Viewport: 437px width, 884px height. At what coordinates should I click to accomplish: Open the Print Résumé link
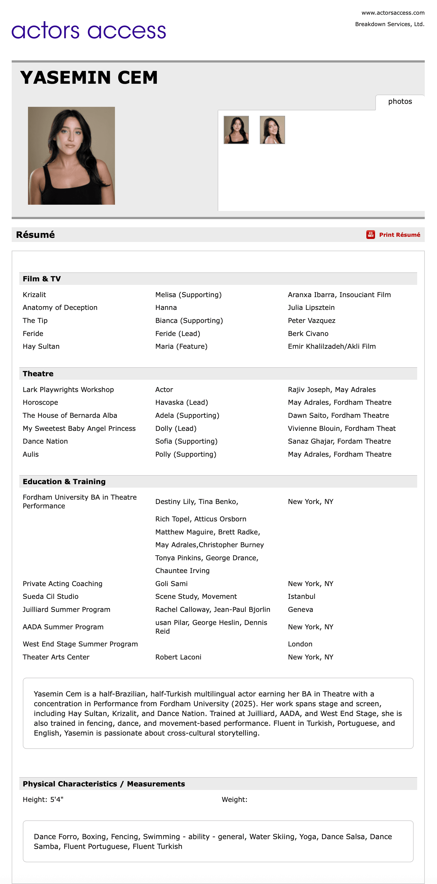399,235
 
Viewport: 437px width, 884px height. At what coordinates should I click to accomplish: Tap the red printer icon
370,235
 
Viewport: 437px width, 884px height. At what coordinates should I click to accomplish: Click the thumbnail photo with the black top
236,130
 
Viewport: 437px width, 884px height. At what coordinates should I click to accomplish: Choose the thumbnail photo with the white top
272,130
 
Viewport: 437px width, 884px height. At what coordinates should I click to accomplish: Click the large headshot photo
71,155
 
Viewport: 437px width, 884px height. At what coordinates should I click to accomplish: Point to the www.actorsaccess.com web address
393,13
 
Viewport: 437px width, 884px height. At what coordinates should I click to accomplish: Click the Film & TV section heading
42,279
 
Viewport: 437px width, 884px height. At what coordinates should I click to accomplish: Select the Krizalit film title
34,295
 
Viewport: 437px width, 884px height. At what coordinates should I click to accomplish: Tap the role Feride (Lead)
177,334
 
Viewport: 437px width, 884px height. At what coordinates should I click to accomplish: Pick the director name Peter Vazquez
311,320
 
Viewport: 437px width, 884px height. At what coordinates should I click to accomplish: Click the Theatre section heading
38,374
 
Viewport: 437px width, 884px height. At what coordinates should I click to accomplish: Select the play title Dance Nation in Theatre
45,441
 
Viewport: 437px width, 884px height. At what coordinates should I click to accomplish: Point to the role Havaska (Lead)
182,402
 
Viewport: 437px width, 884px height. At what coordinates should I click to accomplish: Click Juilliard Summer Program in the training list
67,609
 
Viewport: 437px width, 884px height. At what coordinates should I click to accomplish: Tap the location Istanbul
301,596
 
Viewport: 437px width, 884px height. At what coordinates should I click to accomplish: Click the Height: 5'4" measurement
43,799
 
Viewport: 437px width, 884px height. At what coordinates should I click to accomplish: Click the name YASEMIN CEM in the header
89,77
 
